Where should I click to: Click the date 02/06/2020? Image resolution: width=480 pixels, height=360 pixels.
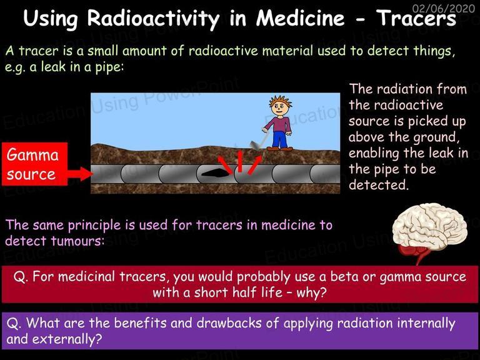click(444, 8)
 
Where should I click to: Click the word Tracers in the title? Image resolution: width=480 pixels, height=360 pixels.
click(416, 18)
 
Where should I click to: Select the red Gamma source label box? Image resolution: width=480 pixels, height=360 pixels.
click(34, 164)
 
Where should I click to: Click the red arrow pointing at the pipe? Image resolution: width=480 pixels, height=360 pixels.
click(80, 174)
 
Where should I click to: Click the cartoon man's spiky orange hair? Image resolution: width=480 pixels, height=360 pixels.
click(281, 101)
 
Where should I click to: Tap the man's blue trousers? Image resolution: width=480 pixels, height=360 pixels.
click(280, 139)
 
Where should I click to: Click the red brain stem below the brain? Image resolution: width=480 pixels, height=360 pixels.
click(416, 252)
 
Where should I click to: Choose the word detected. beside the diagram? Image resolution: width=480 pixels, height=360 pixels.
click(379, 184)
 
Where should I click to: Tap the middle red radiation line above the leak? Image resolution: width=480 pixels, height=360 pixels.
click(240, 161)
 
